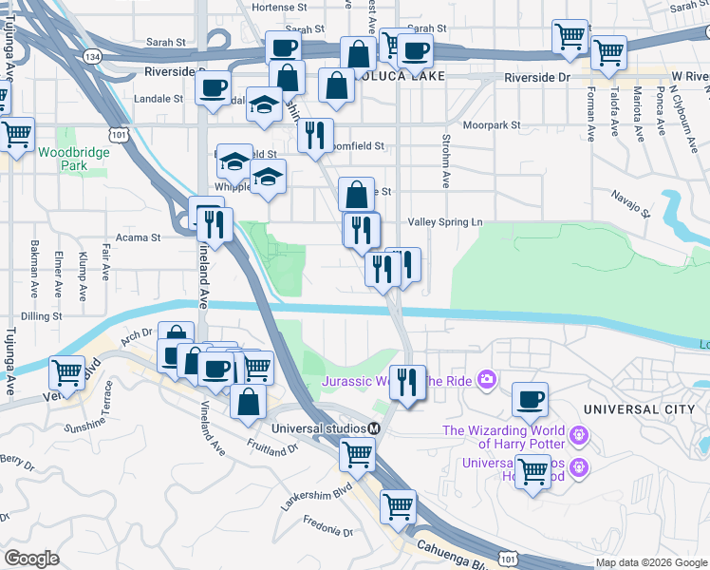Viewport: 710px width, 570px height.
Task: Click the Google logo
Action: coord(31,559)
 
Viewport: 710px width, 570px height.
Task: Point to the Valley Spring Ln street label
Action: coord(445,222)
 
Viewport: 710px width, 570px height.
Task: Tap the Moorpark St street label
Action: coord(492,125)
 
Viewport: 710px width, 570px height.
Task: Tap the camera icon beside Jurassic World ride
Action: coord(487,380)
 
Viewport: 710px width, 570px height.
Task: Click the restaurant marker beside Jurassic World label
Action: coord(407,382)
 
